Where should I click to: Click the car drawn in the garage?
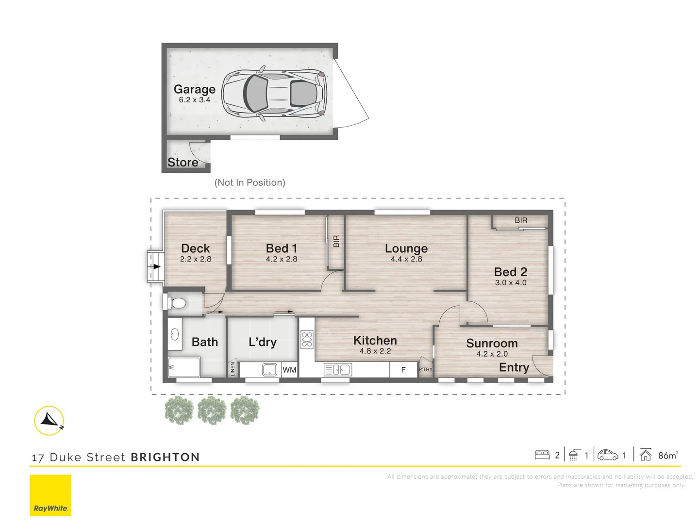click(x=274, y=93)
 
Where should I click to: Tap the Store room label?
click(x=183, y=162)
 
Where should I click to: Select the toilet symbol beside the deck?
click(x=175, y=303)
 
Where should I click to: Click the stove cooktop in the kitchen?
click(x=307, y=340)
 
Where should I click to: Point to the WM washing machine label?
click(x=289, y=370)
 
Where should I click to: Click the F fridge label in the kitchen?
click(x=403, y=370)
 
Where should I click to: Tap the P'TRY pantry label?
click(x=425, y=369)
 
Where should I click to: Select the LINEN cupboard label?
click(x=233, y=369)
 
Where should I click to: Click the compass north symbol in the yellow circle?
click(x=49, y=421)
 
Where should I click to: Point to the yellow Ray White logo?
click(x=50, y=495)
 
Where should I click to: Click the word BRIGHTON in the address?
click(x=165, y=457)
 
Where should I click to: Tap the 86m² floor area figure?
click(x=668, y=455)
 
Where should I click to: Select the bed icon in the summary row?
click(x=542, y=455)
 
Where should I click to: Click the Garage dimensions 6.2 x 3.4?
click(x=195, y=100)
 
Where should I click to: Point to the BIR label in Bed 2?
click(x=521, y=220)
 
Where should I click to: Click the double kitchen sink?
click(x=338, y=370)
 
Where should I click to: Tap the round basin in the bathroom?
click(x=174, y=334)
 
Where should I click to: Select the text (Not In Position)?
click(x=250, y=182)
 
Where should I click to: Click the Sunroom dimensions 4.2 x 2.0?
click(x=492, y=354)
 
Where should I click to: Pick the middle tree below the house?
click(x=212, y=410)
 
